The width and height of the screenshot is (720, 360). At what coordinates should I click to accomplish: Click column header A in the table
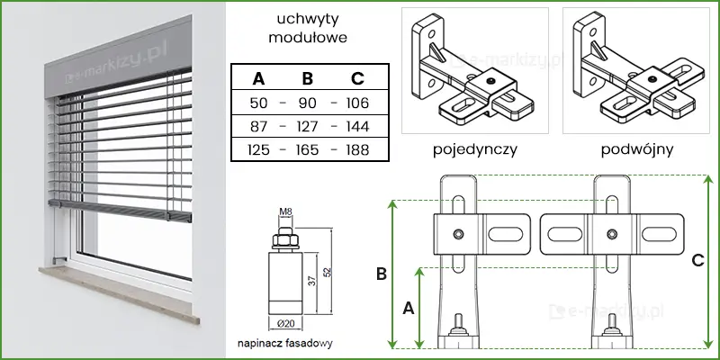click(x=258, y=78)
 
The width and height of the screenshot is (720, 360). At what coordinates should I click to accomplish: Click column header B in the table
click(x=308, y=78)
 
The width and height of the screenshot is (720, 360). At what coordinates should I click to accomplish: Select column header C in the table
click(x=357, y=78)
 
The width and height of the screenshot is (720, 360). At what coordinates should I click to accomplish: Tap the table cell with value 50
click(x=258, y=103)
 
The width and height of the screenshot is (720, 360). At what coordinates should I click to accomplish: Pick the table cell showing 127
click(x=308, y=126)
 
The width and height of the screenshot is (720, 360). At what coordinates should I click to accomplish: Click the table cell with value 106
click(x=357, y=103)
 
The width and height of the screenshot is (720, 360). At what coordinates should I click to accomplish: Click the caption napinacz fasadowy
click(x=286, y=344)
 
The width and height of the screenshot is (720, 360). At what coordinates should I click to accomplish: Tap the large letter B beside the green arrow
click(x=381, y=272)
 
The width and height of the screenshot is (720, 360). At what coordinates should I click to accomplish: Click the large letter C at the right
click(x=697, y=261)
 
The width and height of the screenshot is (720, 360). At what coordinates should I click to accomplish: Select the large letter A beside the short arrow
click(x=408, y=308)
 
